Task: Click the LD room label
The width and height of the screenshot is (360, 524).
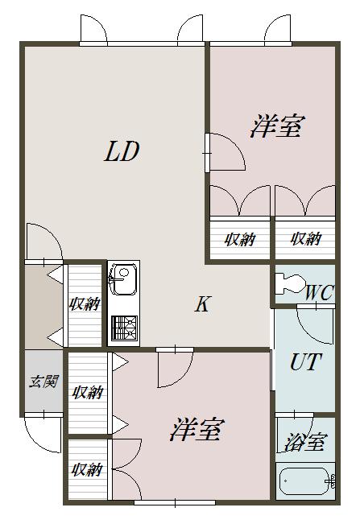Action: tap(122, 151)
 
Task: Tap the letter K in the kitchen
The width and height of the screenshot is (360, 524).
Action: tap(203, 303)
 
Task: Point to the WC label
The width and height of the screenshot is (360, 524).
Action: tap(319, 293)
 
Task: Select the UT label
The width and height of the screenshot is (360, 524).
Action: tap(305, 361)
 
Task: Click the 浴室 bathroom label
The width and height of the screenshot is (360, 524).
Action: tap(304, 442)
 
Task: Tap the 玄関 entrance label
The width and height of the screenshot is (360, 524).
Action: tap(43, 382)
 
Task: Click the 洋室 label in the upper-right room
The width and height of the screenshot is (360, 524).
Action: tap(277, 126)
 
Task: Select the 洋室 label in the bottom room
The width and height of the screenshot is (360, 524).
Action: tap(197, 430)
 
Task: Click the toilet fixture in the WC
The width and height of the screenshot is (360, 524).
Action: tap(289, 283)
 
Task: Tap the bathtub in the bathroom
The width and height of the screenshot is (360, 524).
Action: tap(305, 481)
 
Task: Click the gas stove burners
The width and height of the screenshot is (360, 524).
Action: tap(124, 328)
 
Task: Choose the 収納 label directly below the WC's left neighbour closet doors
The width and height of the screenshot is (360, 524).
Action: tap(240, 239)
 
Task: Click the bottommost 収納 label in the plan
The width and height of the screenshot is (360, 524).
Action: tap(87, 469)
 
